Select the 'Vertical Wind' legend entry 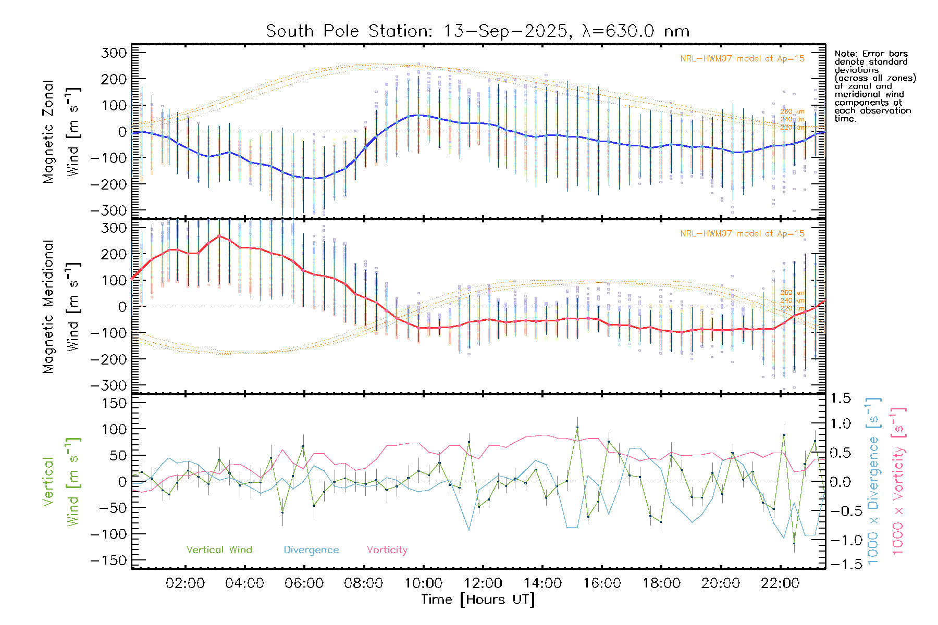pyautogui.click(x=219, y=549)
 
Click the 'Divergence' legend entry pyautogui.click(x=311, y=550)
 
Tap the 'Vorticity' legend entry pyautogui.click(x=387, y=549)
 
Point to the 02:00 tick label pyautogui.click(x=185, y=583)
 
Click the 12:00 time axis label pyautogui.click(x=483, y=583)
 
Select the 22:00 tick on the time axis pyautogui.click(x=780, y=583)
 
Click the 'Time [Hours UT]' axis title pyautogui.click(x=478, y=599)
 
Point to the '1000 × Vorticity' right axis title pyautogui.click(x=898, y=481)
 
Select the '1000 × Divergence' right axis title pyautogui.click(x=873, y=481)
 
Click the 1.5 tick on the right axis pyautogui.click(x=840, y=398)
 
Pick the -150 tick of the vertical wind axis pyautogui.click(x=108, y=560)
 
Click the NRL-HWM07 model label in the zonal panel pyautogui.click(x=742, y=59)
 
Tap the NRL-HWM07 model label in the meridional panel pyautogui.click(x=742, y=234)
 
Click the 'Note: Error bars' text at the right pyautogui.click(x=871, y=54)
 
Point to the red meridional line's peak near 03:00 pyautogui.click(x=219, y=235)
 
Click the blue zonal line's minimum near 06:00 pyautogui.click(x=315, y=179)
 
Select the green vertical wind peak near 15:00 pyautogui.click(x=577, y=428)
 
